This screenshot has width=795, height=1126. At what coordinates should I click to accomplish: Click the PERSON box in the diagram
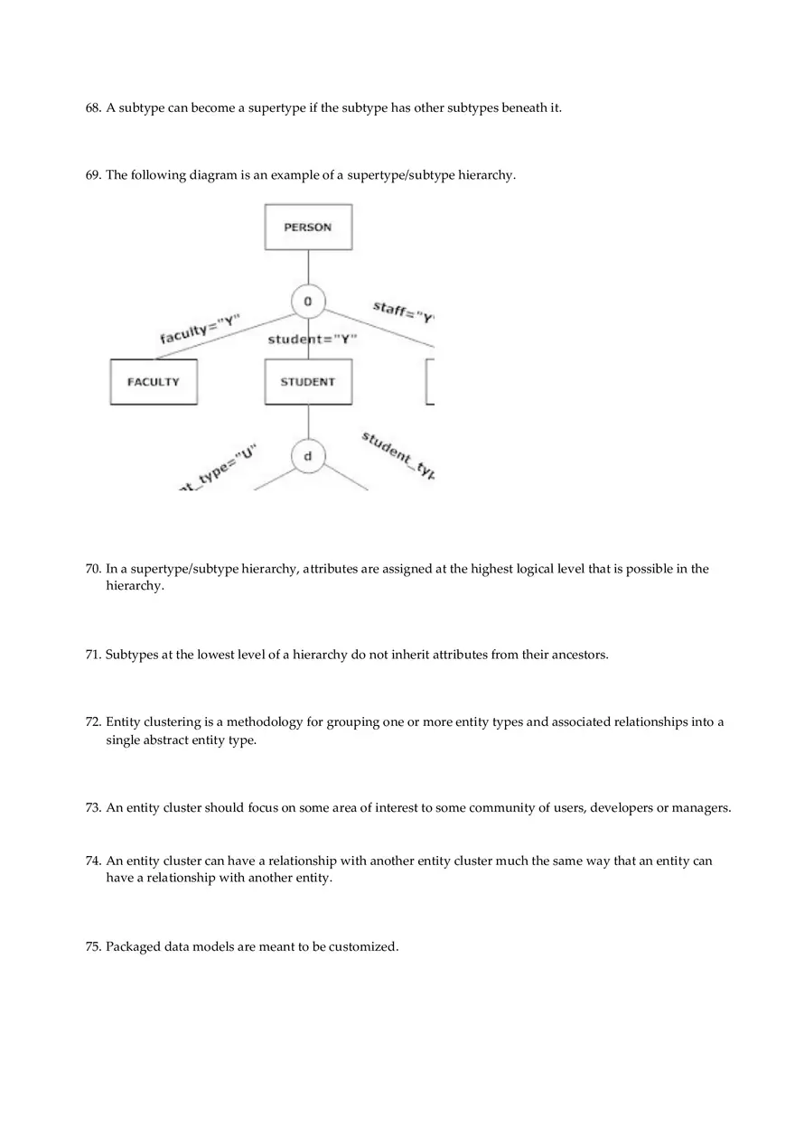(x=308, y=227)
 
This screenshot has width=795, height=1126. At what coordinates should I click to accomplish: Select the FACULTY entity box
(x=154, y=382)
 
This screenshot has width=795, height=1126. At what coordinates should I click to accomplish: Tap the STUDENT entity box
(x=308, y=382)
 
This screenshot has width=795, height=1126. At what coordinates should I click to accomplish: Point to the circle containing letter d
(x=308, y=457)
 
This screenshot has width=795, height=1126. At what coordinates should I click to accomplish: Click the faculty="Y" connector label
(x=200, y=330)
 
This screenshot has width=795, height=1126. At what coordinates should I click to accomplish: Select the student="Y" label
(x=313, y=340)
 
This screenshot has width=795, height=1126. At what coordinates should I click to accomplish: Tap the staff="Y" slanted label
(x=404, y=312)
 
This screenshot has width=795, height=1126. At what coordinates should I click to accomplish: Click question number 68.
(x=93, y=108)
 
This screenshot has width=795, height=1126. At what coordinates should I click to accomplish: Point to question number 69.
(x=93, y=175)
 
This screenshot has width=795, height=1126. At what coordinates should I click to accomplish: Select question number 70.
(x=93, y=569)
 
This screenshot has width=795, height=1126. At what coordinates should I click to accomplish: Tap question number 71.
(x=93, y=655)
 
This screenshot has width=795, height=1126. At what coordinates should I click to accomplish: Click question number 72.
(x=93, y=722)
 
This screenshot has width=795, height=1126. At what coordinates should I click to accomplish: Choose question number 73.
(x=93, y=808)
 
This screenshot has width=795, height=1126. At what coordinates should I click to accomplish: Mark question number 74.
(x=93, y=861)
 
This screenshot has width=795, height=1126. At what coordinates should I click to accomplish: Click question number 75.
(x=93, y=947)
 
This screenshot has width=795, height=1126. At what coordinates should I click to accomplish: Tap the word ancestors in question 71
(x=578, y=655)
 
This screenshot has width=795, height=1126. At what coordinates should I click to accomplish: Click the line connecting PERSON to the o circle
(x=308, y=267)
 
